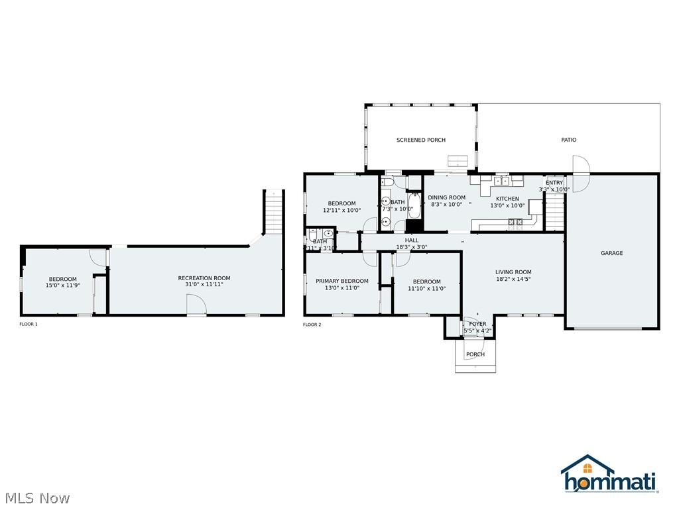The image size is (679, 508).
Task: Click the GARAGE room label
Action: [611, 253]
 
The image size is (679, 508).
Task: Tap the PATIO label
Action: [569, 140]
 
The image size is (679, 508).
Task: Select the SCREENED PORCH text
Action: [421, 140]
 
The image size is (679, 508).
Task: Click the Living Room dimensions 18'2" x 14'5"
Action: [513, 279]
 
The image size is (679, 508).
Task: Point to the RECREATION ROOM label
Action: [204, 278]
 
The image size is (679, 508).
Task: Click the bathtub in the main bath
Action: [414, 206]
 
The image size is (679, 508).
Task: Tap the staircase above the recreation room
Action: [274, 211]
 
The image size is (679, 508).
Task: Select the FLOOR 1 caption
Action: [29, 325]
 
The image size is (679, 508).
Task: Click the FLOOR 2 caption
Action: [312, 325]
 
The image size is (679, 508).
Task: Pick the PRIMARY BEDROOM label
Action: [342, 281]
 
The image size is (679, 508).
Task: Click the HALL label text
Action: [412, 240]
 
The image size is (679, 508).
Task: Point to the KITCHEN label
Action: [508, 199]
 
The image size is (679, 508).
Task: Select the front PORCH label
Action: [475, 354]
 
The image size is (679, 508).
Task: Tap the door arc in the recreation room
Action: [196, 304]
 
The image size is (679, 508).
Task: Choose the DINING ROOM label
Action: [446, 197]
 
